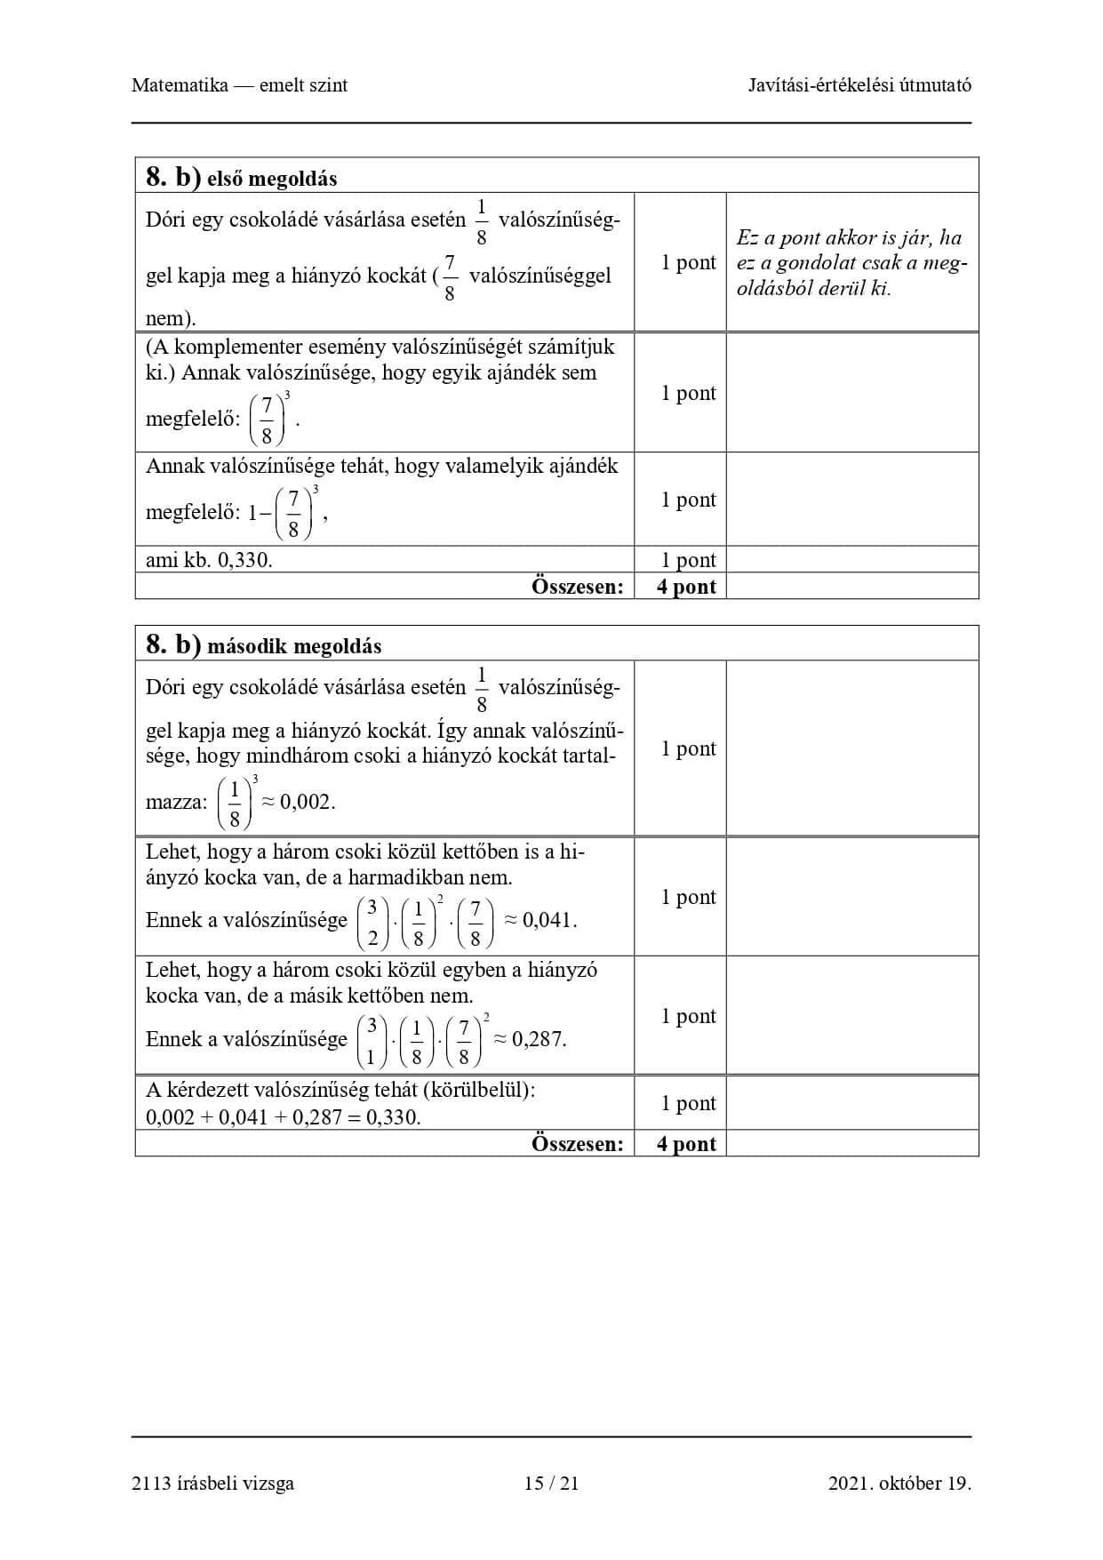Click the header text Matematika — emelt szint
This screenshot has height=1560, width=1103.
point(239,85)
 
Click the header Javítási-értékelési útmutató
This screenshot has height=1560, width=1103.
point(859,85)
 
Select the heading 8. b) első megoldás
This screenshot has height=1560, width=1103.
point(242,178)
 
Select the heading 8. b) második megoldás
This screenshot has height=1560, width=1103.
point(264,645)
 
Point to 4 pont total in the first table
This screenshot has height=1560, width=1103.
point(686,587)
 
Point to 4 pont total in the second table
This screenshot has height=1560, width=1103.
point(686,1144)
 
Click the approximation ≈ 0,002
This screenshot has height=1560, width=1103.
point(298,802)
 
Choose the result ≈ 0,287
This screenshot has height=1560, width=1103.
point(530,1039)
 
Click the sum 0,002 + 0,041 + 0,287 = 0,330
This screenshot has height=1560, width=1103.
point(283,1117)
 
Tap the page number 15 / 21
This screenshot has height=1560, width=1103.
point(551,1483)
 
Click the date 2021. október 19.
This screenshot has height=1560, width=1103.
point(899,1483)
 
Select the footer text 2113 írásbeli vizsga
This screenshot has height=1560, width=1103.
point(212,1483)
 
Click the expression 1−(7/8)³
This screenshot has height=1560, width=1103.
point(284,513)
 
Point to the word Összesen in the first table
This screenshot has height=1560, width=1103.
point(578,587)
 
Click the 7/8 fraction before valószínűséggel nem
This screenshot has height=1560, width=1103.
point(449,276)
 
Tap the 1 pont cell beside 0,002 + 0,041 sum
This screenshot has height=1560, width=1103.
point(688,1103)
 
